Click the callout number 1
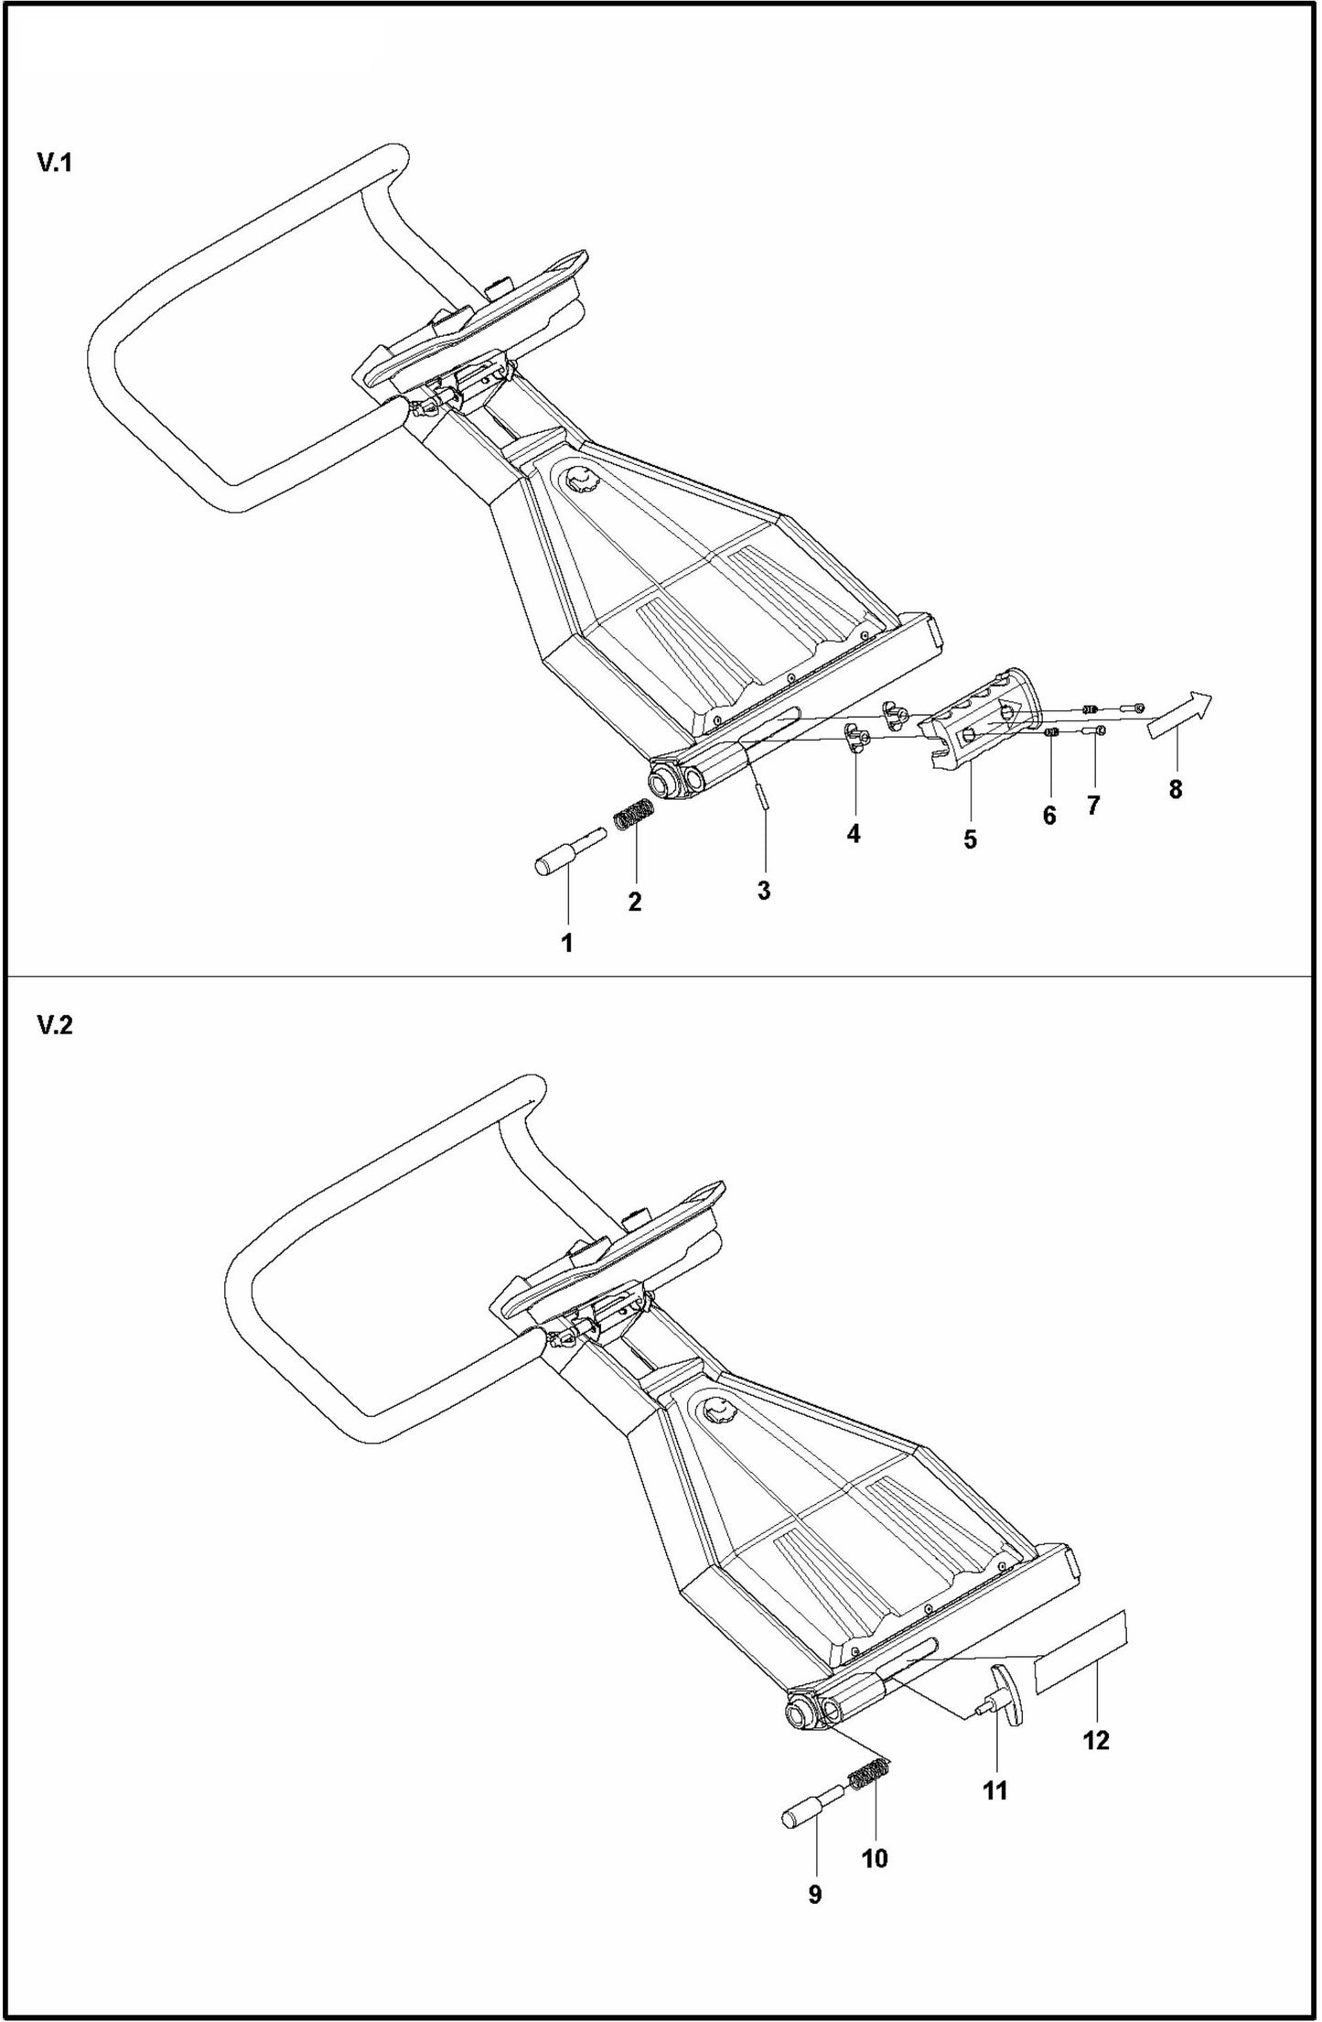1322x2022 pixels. tap(567, 943)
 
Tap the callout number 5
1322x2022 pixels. tap(970, 839)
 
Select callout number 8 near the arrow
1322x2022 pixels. tap(1176, 789)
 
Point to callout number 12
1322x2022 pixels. tap(1096, 1739)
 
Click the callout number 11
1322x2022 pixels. tap(994, 1790)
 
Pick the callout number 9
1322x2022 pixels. tap(815, 1894)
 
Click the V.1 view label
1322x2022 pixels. tap(54, 164)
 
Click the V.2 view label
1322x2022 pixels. tap(54, 1025)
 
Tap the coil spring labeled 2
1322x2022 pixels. tap(633, 813)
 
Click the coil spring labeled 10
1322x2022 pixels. tap(870, 1777)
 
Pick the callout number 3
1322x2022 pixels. tap(764, 890)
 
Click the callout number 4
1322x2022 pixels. tap(854, 834)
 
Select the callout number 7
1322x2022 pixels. tap(1093, 806)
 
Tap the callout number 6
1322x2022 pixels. tap(1049, 816)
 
